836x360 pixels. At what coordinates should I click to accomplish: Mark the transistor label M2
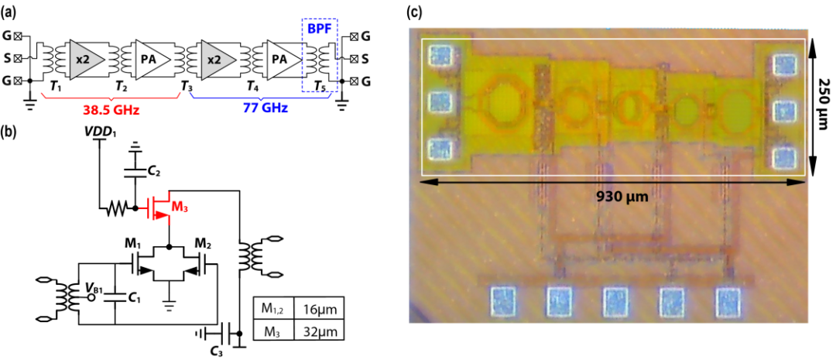[x=200, y=245]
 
